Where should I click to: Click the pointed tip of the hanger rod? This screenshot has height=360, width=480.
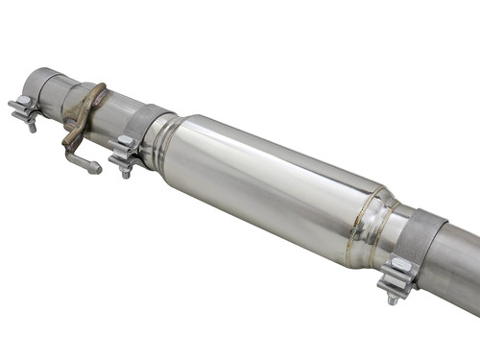97,171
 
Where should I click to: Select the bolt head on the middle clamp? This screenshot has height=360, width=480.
124,143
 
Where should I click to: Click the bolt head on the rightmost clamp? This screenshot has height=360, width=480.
399,266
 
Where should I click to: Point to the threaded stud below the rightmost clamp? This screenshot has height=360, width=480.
392,299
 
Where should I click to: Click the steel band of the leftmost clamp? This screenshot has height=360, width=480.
45,88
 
